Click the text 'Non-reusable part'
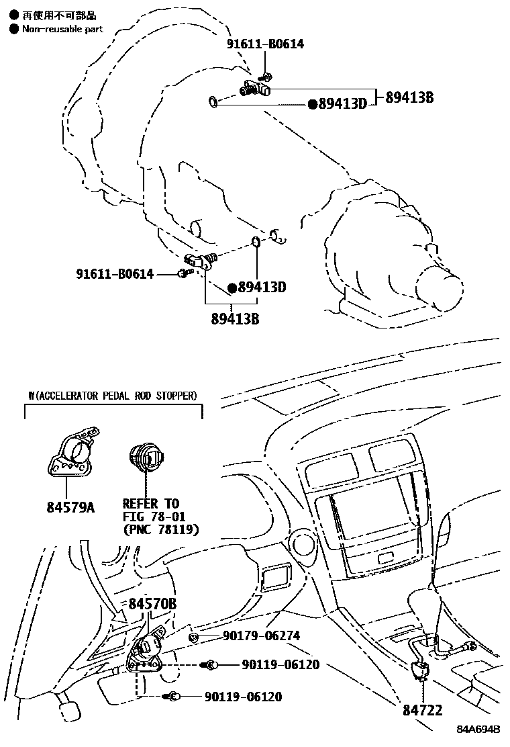tap(63, 29)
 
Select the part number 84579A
tap(70, 507)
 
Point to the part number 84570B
tap(152, 604)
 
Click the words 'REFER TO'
tap(150, 503)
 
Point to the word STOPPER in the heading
tap(176, 395)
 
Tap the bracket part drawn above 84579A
tap(71, 452)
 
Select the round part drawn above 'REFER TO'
tap(146, 457)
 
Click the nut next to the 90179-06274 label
tap(193, 636)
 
